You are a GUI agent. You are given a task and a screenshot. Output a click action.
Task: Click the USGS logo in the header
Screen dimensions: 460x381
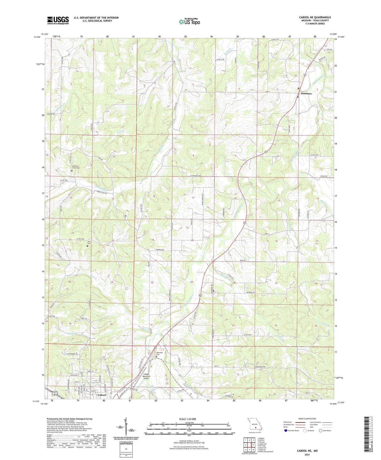tap(58, 20)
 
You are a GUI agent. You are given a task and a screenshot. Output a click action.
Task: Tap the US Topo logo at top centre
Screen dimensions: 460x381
tap(189, 22)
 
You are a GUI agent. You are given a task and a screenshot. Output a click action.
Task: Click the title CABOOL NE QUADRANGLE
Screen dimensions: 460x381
tap(315, 17)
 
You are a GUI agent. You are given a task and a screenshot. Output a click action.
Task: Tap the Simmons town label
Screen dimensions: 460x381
tap(306, 94)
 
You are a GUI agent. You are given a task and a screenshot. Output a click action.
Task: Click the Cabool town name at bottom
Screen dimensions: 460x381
tap(102, 395)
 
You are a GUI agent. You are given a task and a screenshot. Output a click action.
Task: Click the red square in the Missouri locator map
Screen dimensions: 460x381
tap(255, 428)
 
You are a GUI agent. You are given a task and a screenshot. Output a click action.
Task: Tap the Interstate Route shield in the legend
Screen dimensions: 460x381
tap(286, 430)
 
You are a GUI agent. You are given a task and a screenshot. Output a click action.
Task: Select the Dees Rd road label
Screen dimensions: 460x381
tap(243, 260)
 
